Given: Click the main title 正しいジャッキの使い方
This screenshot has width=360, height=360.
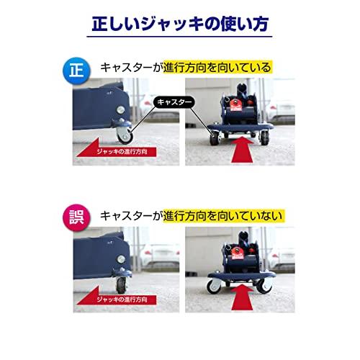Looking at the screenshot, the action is (180, 24).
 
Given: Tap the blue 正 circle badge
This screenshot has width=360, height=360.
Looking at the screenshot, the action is (76, 71).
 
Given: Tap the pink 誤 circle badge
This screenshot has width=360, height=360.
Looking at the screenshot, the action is (76, 217).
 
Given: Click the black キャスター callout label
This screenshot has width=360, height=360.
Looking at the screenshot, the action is (174, 102).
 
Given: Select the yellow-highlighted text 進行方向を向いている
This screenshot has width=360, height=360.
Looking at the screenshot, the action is (217, 67).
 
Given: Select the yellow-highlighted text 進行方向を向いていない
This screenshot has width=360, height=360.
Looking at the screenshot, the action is (223, 215).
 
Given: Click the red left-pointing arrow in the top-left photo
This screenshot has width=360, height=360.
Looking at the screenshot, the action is (116, 150).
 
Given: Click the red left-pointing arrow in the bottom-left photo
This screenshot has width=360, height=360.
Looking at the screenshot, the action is (116, 298).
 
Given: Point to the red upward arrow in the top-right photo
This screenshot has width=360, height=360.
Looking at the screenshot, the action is (242, 150).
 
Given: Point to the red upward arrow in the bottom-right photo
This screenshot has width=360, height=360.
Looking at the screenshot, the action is (242, 297).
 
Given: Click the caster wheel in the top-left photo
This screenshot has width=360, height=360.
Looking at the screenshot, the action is (125, 135).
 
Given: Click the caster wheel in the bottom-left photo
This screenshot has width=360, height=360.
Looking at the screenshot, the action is (121, 285).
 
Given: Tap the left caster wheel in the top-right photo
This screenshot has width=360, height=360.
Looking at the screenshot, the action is (214, 138).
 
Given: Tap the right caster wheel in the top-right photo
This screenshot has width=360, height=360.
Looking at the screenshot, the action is (264, 138).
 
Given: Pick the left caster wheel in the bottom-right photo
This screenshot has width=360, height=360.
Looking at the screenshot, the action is (214, 287).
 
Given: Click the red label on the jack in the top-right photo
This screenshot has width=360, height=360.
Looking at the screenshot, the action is (235, 104).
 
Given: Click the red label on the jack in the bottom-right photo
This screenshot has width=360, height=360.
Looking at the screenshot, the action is (237, 253).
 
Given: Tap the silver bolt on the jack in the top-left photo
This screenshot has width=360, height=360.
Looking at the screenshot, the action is (120, 109).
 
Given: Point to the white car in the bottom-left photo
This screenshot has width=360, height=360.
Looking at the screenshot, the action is (160, 256).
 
